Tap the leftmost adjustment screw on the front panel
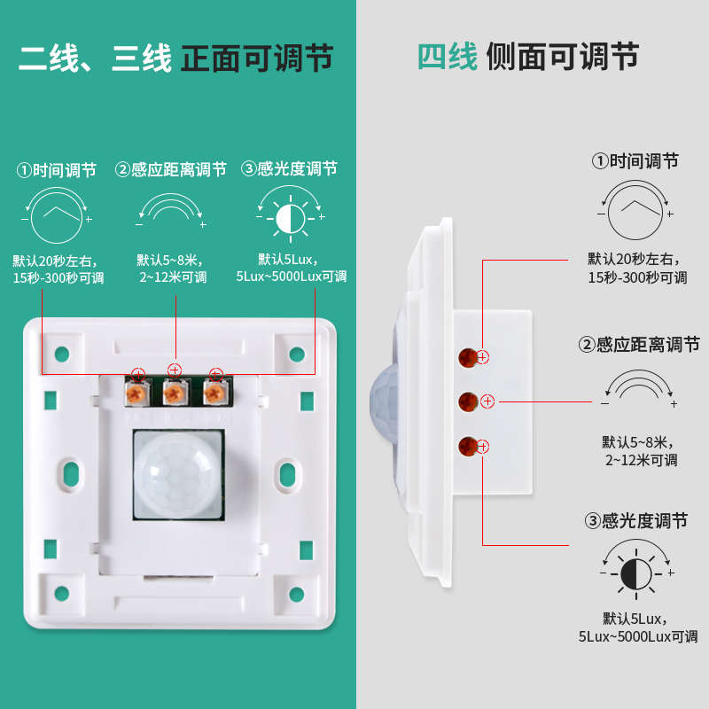click(x=137, y=391)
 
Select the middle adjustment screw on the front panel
click(x=175, y=390)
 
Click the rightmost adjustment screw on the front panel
click(x=214, y=391)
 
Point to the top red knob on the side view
click(x=468, y=357)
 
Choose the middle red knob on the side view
click(x=469, y=402)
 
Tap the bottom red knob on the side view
click(x=469, y=447)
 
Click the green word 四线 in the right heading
click(x=448, y=57)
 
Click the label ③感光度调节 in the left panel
click(x=290, y=168)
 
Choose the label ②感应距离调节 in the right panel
click(x=638, y=344)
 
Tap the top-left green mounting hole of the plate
click(x=61, y=354)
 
